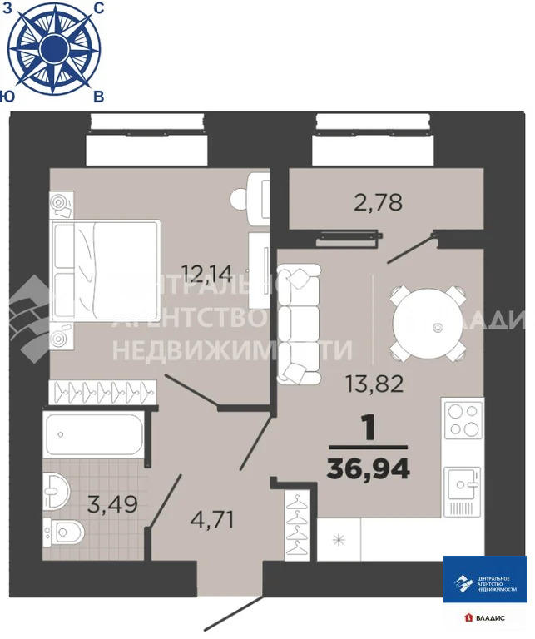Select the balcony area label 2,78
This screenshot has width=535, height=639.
point(378,202)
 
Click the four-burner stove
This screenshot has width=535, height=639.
point(463,420)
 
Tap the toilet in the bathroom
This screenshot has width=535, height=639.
point(68,528)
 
